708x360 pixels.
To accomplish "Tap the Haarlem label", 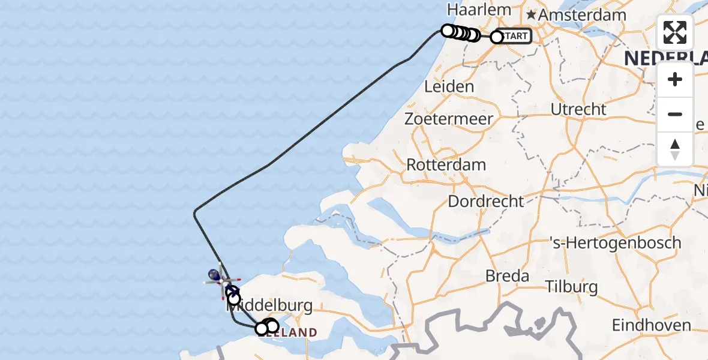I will point(479,10).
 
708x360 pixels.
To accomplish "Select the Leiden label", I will point(449,86).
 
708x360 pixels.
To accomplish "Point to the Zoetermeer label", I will point(449,119).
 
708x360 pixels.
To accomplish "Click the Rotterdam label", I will point(446,164).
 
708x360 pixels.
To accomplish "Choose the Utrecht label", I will point(579,109).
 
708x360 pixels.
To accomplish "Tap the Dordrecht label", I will point(486,201).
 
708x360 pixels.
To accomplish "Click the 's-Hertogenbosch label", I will point(616,243).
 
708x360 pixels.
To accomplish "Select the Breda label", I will point(508,276).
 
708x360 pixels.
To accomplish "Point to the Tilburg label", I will point(573,286).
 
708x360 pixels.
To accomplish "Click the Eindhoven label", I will point(651,325).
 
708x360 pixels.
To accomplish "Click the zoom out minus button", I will point(675,115).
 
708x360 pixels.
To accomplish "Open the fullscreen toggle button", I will point(675,32).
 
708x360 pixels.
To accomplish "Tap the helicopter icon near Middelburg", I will point(223,279).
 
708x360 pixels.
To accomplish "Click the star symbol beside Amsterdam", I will point(532,14).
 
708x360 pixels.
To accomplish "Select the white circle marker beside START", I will point(497,37).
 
